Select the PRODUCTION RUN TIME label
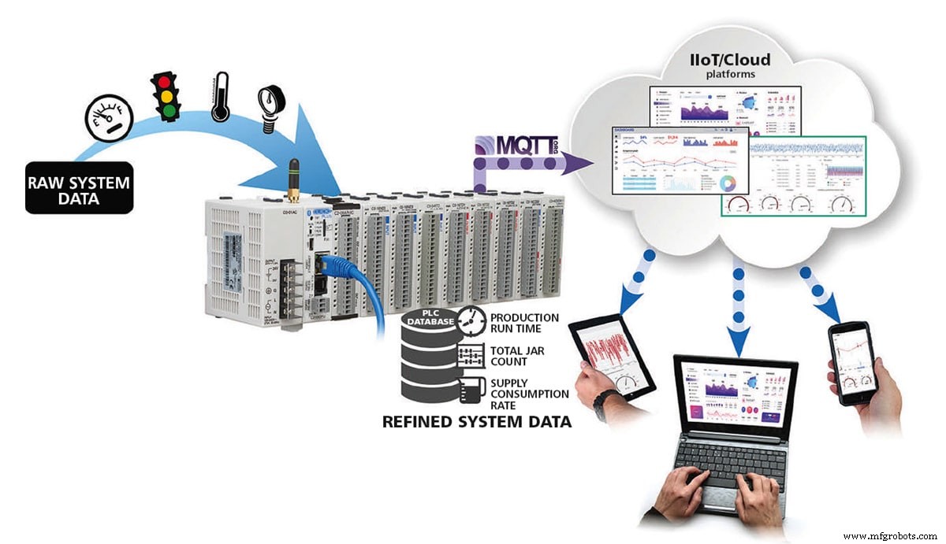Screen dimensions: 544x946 click(x=524, y=323)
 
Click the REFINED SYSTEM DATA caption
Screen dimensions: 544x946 click(x=476, y=422)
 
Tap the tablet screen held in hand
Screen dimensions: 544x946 click(x=614, y=350)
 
